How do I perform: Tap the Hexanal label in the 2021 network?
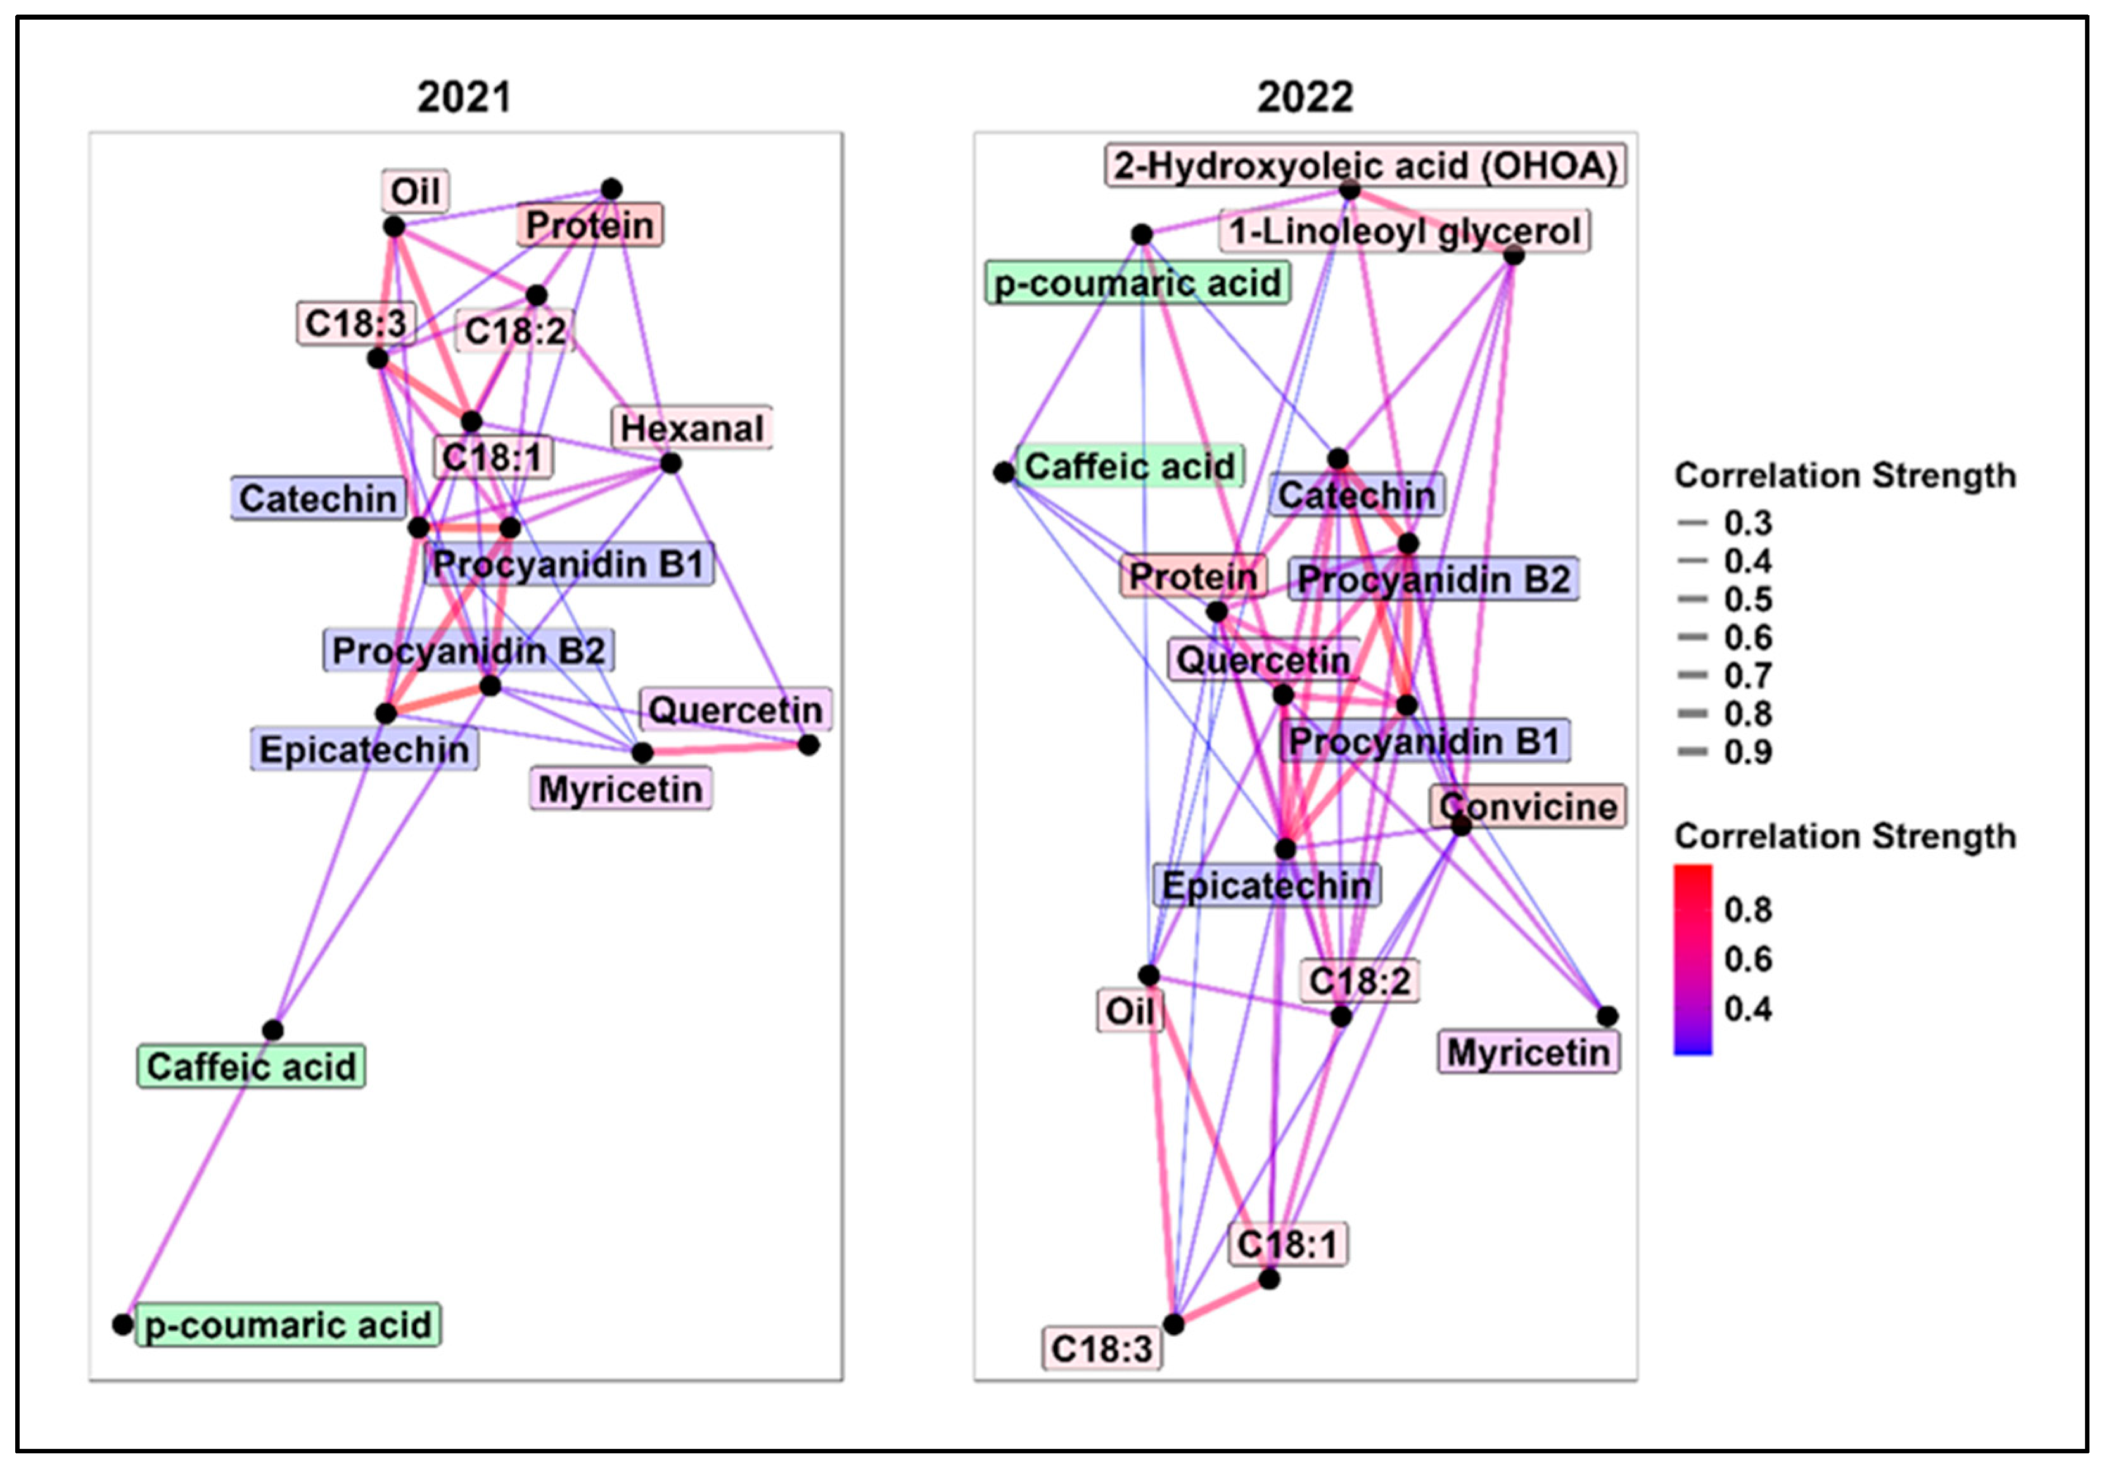click(x=692, y=428)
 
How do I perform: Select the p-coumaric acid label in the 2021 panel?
click(x=288, y=1325)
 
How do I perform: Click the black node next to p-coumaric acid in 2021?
click(x=122, y=1325)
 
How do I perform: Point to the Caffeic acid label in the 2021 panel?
click(x=251, y=1066)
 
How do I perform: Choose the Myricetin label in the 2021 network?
click(x=620, y=789)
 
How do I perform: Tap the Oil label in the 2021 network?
click(x=415, y=191)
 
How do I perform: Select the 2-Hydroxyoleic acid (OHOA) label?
click(x=1365, y=166)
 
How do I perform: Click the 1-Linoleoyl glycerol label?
click(x=1405, y=231)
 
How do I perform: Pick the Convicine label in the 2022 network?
click(x=1527, y=806)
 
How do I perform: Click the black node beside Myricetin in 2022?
click(x=1607, y=1016)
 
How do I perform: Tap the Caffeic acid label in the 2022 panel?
click(x=1129, y=466)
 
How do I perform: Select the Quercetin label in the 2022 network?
click(x=1263, y=660)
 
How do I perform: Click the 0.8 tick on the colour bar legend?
click(x=1747, y=909)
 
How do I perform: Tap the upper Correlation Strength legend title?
click(x=1845, y=476)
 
